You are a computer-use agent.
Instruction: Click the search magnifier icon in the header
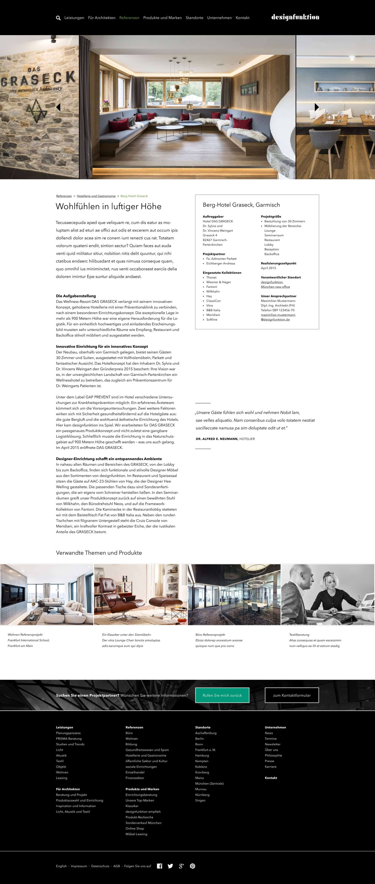tap(58, 18)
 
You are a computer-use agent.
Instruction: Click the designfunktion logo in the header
tap(295, 17)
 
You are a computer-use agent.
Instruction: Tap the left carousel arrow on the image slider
tap(58, 107)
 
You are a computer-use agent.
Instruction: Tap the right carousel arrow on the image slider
tap(317, 107)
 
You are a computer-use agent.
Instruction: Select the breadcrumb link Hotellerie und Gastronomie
tap(96, 196)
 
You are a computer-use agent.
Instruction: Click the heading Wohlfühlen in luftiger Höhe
tap(109, 206)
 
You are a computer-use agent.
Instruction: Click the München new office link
tap(275, 287)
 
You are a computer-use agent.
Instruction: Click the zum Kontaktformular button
tap(292, 695)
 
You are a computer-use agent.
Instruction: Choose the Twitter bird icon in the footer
tap(170, 866)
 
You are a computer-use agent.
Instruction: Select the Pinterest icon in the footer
tap(192, 866)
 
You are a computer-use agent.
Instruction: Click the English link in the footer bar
tap(61, 866)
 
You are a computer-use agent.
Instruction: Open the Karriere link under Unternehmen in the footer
tap(270, 767)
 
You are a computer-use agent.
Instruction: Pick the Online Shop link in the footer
tap(135, 828)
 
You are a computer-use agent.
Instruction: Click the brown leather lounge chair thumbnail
tap(141, 594)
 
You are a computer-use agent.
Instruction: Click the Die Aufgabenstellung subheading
tap(76, 296)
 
